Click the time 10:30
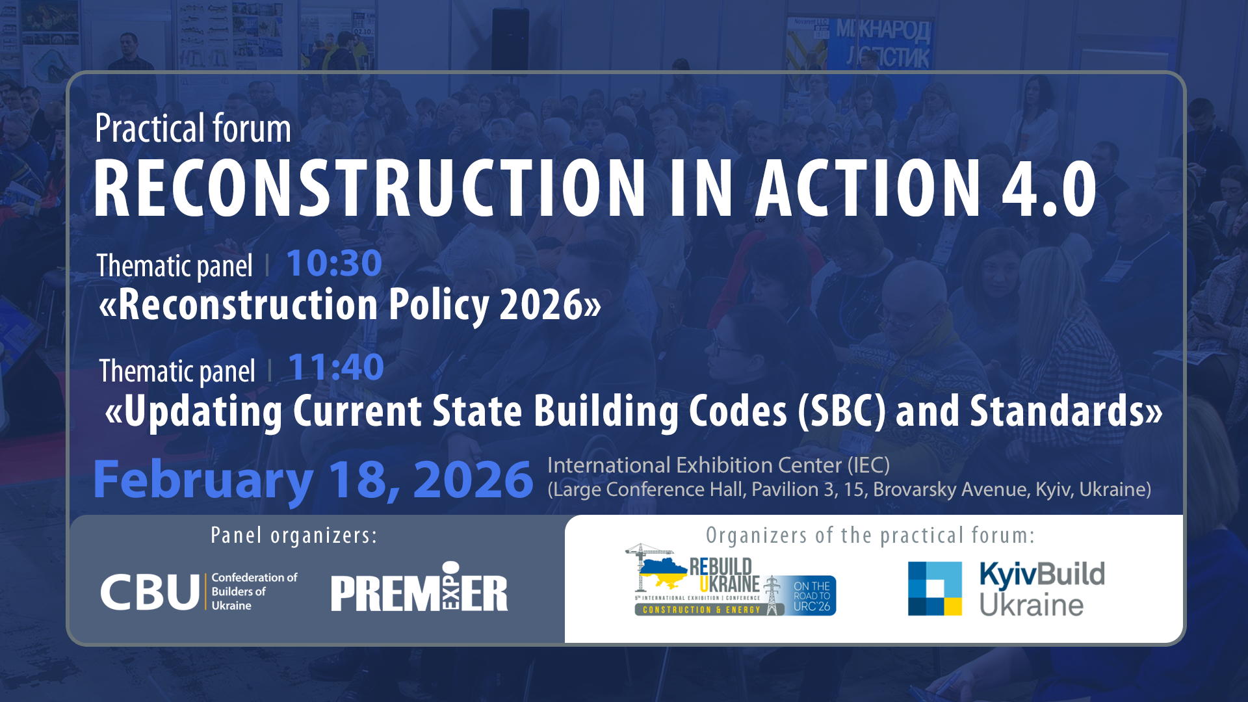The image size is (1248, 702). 333,263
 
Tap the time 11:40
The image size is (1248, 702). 335,367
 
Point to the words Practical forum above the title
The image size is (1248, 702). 192,128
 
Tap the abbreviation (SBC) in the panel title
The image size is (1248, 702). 842,411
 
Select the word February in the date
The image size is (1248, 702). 203,480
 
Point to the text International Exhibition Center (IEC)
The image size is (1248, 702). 718,465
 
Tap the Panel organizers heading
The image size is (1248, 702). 294,535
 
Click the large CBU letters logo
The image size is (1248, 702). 150,591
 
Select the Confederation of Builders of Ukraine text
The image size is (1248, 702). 253,591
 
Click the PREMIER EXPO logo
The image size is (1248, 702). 419,588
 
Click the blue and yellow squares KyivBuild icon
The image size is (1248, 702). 935,588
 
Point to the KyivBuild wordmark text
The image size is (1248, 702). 1041,575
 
